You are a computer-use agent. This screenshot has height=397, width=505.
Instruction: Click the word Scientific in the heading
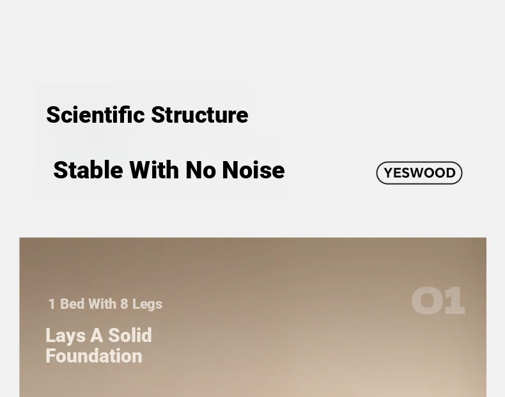[95, 114]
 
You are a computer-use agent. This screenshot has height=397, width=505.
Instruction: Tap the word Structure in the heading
[199, 114]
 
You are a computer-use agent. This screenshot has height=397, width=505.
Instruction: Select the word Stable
[88, 169]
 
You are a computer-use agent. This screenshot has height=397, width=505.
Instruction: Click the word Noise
[254, 169]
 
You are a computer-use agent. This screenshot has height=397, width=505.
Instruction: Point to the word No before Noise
[201, 169]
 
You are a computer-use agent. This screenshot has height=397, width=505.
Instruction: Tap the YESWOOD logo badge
[419, 173]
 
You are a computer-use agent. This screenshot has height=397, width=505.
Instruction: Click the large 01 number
[439, 300]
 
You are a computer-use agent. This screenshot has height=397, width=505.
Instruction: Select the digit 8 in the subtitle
[124, 304]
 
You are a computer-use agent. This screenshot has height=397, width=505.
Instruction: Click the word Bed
[72, 304]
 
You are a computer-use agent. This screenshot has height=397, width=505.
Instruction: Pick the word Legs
[147, 304]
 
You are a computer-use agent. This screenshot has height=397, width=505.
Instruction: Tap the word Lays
[65, 336]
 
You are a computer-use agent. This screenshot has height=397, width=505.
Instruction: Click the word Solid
[130, 336]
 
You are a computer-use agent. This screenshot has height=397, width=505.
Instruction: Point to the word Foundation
[94, 356]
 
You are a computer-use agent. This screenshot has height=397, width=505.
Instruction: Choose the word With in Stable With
[154, 169]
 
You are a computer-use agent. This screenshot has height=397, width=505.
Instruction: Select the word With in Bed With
[102, 304]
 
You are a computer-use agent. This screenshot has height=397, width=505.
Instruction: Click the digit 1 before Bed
[52, 304]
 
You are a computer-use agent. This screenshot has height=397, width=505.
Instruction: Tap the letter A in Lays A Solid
[97, 336]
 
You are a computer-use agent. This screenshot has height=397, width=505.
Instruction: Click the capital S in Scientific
[53, 114]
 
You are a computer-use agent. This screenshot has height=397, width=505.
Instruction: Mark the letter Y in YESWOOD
[389, 173]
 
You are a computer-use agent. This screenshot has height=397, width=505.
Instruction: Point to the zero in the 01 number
[426, 300]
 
